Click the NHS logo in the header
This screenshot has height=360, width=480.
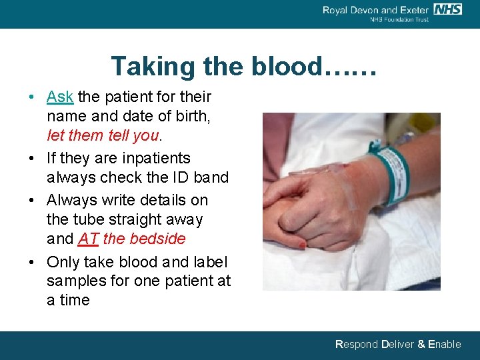[x=447, y=9]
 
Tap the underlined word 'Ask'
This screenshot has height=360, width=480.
[x=60, y=97]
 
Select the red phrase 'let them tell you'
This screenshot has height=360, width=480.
[x=103, y=135]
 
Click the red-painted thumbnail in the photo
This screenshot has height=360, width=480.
[x=303, y=245]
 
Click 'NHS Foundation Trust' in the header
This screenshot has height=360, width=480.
[x=399, y=19]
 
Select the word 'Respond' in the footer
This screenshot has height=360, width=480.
[x=357, y=345]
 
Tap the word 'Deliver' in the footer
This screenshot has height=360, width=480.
[x=397, y=345]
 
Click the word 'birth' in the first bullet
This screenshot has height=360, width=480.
[x=191, y=117]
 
